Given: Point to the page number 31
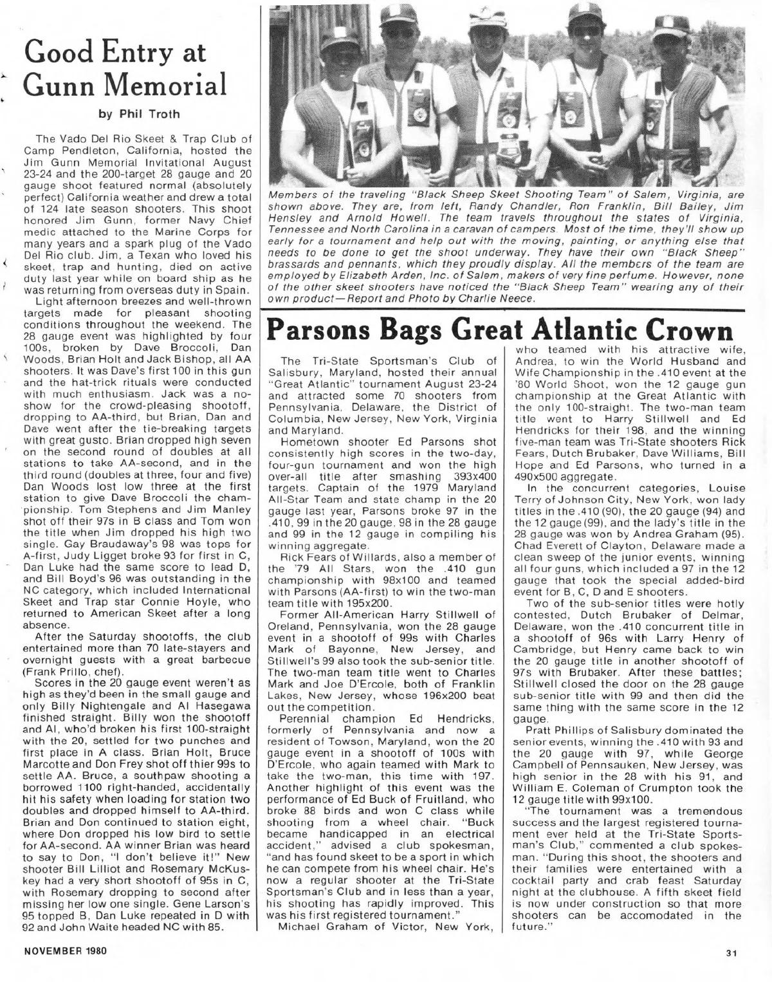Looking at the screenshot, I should coord(731,954).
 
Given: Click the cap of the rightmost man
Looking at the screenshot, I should coord(671,26).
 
